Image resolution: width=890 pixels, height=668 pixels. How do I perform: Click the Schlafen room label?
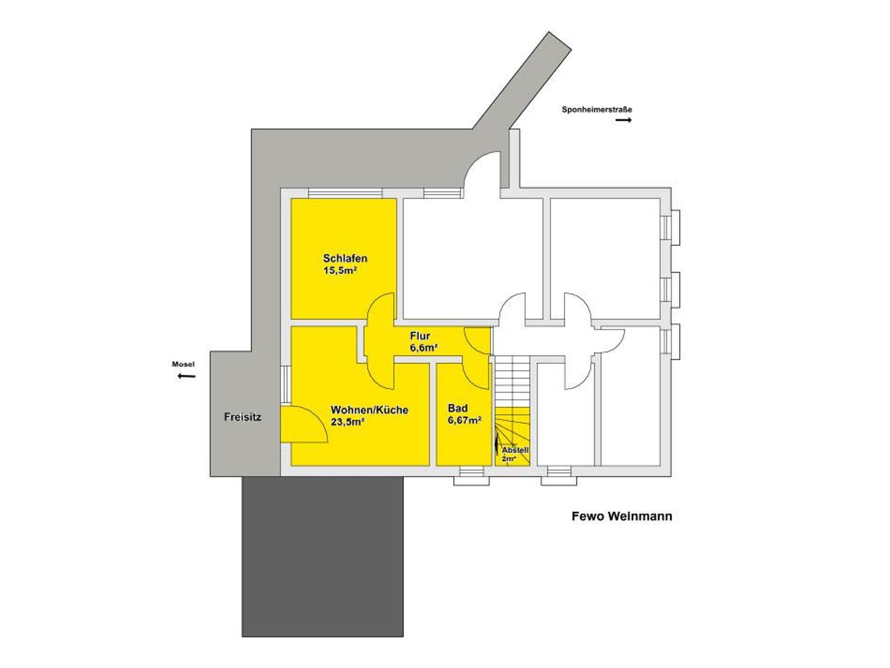[x=345, y=258]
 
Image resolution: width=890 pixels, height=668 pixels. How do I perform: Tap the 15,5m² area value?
[x=340, y=271]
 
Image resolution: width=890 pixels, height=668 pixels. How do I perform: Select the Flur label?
[x=420, y=336]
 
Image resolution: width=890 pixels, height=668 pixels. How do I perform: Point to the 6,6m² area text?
[x=423, y=347]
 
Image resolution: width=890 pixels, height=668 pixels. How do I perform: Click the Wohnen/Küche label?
[x=369, y=410]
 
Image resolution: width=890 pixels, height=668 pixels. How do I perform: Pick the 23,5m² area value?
[x=347, y=422]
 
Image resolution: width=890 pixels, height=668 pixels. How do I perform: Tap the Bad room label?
[x=458, y=408]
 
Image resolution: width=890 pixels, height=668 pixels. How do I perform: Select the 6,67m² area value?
[x=465, y=420]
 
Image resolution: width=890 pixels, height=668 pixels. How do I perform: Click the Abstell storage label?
[x=515, y=450]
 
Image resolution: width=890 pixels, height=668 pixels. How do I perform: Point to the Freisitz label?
[x=242, y=417]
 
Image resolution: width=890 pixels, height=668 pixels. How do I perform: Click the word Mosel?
[x=183, y=364]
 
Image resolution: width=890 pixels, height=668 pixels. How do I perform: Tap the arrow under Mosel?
[x=186, y=376]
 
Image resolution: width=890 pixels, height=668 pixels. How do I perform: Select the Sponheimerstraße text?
[x=597, y=109]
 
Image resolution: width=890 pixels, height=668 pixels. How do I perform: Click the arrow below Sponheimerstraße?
[x=624, y=120]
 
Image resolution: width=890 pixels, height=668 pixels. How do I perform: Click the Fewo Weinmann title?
[x=622, y=516]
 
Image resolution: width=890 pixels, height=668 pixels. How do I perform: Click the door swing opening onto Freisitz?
[x=304, y=424]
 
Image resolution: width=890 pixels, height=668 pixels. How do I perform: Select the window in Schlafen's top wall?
[x=345, y=193]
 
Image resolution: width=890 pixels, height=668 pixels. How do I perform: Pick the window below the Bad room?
[x=472, y=476]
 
